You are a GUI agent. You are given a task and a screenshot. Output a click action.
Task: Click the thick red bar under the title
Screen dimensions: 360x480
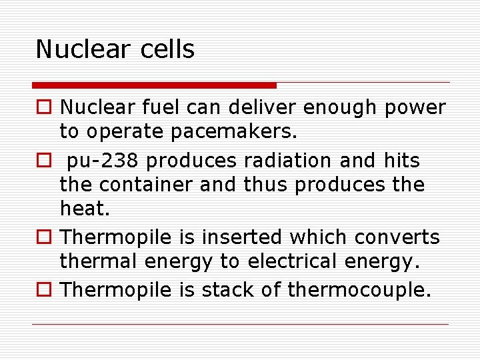point(155,85)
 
